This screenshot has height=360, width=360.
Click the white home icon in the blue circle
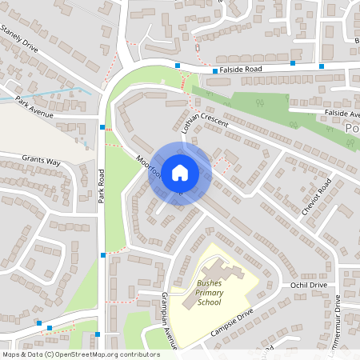point(179,173)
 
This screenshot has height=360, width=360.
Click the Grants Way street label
point(41,162)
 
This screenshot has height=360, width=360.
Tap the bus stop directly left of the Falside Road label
point(215,70)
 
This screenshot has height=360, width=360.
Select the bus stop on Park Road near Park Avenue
point(102,126)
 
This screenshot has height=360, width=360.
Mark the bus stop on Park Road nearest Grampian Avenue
point(103,254)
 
